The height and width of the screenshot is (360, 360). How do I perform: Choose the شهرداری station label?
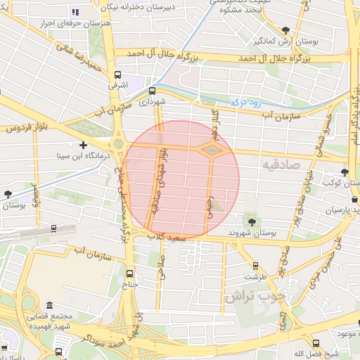pyautogui.click(x=151, y=102)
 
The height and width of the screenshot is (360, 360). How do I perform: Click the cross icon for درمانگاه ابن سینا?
pyautogui.click(x=83, y=145)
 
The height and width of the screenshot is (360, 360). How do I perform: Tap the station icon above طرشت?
pyautogui.click(x=255, y=266)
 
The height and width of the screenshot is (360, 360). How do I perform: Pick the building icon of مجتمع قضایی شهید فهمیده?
pyautogui.click(x=49, y=306)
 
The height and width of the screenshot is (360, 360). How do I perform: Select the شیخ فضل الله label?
pyautogui.click(x=307, y=352)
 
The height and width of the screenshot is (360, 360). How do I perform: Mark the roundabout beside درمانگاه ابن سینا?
pyautogui.click(x=118, y=144)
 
